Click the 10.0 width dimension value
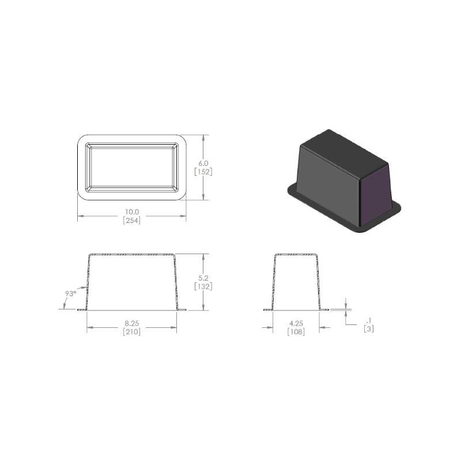tap(132, 211)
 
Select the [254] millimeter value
tap(132, 220)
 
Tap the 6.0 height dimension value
tap(203, 163)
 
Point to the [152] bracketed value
tap(203, 172)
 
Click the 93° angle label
tap(70, 293)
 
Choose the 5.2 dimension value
tap(203, 278)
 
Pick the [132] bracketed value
tap(203, 286)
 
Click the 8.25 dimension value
tap(132, 323)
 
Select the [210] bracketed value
tap(132, 332)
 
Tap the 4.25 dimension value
tap(296, 323)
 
